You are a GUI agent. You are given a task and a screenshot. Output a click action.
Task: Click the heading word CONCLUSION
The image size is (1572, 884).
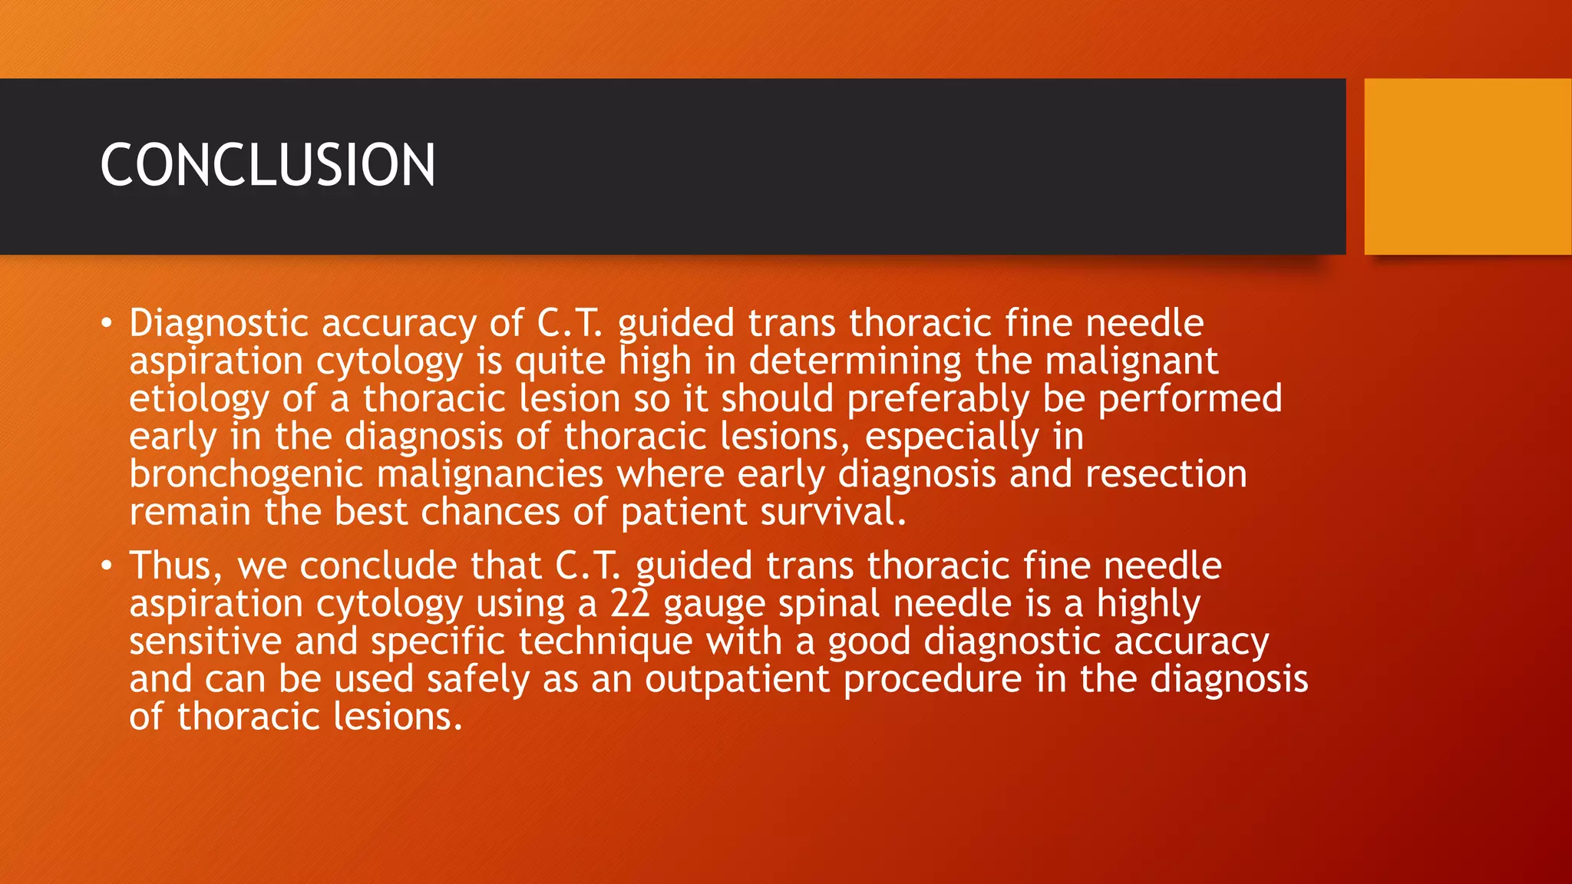coord(267,165)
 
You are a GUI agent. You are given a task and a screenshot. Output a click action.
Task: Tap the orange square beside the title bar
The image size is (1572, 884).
coord(1468,166)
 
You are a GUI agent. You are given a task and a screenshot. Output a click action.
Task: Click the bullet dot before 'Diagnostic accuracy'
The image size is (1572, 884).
coord(107,323)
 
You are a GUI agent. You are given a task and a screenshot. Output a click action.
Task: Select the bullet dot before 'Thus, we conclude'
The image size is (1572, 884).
coord(107,566)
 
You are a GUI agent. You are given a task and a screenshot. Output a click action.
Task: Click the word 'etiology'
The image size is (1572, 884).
coord(199,399)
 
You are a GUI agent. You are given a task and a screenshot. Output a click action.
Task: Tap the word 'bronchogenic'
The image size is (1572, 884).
coord(246,474)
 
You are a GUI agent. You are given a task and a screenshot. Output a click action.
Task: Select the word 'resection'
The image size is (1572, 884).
coord(1166,474)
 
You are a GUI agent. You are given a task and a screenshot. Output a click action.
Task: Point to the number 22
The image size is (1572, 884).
coord(630,603)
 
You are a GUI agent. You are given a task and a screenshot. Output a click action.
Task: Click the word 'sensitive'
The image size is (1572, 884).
coord(205,641)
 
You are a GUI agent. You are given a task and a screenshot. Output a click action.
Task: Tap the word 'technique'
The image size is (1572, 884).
coord(606,641)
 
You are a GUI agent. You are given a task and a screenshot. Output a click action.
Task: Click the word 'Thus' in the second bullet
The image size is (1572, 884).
coord(174,566)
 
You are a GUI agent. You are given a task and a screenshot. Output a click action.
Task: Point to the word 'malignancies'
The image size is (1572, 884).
coord(490,474)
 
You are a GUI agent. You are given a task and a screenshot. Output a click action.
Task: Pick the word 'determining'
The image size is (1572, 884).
coord(855,361)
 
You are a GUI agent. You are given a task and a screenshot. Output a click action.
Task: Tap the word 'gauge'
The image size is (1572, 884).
coord(714,603)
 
